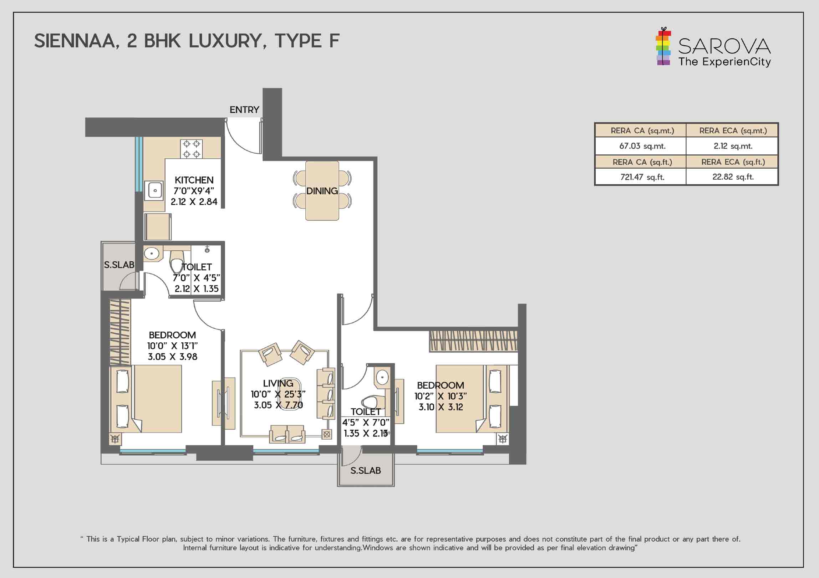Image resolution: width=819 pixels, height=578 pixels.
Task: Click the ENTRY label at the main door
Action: (244, 110)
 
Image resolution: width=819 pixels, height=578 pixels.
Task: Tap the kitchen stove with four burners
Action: (192, 149)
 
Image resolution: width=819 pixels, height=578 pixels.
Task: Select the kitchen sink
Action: (155, 190)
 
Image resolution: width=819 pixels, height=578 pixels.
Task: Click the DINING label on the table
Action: (322, 191)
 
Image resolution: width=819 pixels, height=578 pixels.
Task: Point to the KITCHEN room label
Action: (194, 180)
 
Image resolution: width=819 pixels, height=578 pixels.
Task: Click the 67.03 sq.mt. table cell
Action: (642, 146)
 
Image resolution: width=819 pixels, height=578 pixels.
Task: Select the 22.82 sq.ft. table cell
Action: (733, 177)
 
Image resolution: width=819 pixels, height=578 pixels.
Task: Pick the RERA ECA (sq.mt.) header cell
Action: (733, 131)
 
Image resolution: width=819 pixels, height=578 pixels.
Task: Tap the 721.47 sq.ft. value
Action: (642, 177)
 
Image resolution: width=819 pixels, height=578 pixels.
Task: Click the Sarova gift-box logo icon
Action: (663, 48)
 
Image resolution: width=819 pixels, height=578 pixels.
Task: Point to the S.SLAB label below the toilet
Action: (366, 471)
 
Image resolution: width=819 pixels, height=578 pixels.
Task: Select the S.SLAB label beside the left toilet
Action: (119, 265)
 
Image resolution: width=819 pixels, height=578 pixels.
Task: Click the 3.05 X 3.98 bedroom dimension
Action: (172, 357)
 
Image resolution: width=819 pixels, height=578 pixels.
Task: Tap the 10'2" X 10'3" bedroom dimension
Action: (441, 396)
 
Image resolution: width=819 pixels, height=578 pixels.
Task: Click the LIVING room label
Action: (278, 383)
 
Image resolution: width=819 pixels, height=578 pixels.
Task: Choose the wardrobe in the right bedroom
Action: (473, 341)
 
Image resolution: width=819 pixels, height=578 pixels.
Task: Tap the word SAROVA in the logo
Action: (724, 46)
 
